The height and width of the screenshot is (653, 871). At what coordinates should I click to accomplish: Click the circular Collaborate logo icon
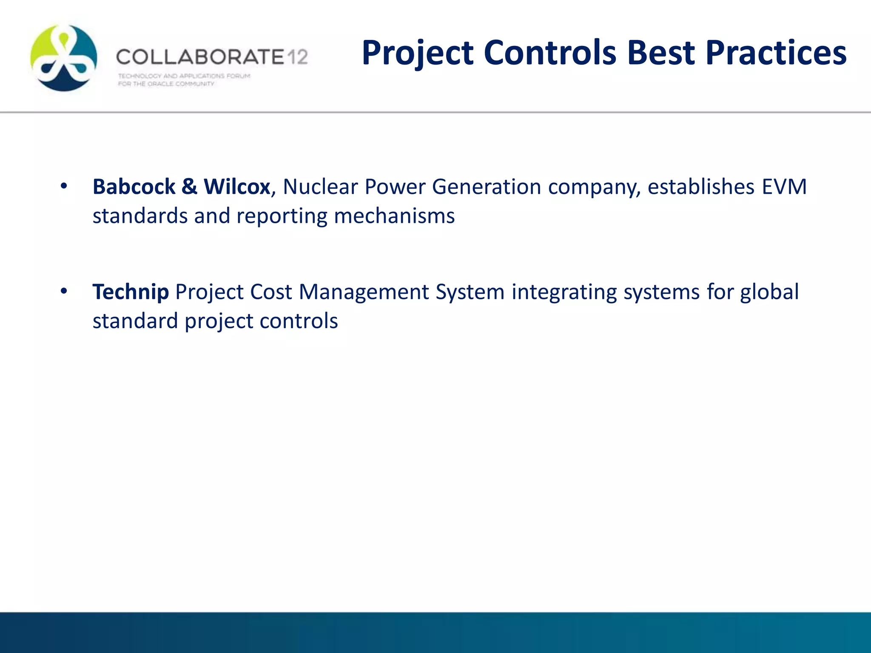click(x=64, y=57)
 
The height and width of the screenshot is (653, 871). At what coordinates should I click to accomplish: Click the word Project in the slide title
click(x=418, y=53)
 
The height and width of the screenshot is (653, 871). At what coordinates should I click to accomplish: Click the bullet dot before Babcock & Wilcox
click(x=64, y=186)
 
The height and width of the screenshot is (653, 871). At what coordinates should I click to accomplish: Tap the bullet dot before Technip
click(x=64, y=291)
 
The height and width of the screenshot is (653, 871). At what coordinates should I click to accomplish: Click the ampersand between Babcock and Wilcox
click(x=189, y=187)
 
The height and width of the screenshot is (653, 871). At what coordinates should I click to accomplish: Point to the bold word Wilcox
click(x=237, y=187)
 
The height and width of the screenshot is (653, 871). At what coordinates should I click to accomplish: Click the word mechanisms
click(x=394, y=216)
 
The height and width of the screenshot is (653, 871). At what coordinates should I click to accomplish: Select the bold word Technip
click(x=131, y=292)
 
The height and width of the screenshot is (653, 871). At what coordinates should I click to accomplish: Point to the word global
click(x=769, y=292)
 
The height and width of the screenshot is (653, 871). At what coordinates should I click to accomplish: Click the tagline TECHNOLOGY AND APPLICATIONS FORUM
click(x=184, y=76)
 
